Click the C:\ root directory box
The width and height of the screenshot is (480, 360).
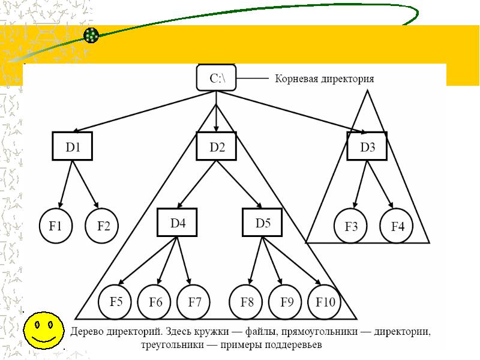point(216,78)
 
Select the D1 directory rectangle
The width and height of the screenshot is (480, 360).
point(72,146)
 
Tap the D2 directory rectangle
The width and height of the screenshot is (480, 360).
point(216,146)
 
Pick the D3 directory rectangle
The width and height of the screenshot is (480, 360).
point(367,146)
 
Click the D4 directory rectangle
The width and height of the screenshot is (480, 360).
point(177,222)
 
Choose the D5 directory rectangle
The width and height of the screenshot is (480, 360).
point(262,222)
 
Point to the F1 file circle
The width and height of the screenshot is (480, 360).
point(56,226)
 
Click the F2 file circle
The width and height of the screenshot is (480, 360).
point(101,226)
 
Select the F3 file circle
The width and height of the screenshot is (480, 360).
point(350,226)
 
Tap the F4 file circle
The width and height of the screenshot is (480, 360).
point(397,226)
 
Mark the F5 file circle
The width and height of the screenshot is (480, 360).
point(115,302)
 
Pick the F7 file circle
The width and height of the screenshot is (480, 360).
point(193,302)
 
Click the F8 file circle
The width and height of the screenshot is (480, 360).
point(246,302)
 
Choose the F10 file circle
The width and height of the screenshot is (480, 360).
point(325,302)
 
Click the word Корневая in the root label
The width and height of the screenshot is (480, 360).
point(296,79)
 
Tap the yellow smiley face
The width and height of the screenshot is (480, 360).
point(44,331)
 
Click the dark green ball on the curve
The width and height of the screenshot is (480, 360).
point(91,35)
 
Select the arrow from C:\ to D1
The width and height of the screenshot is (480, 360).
point(144,112)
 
